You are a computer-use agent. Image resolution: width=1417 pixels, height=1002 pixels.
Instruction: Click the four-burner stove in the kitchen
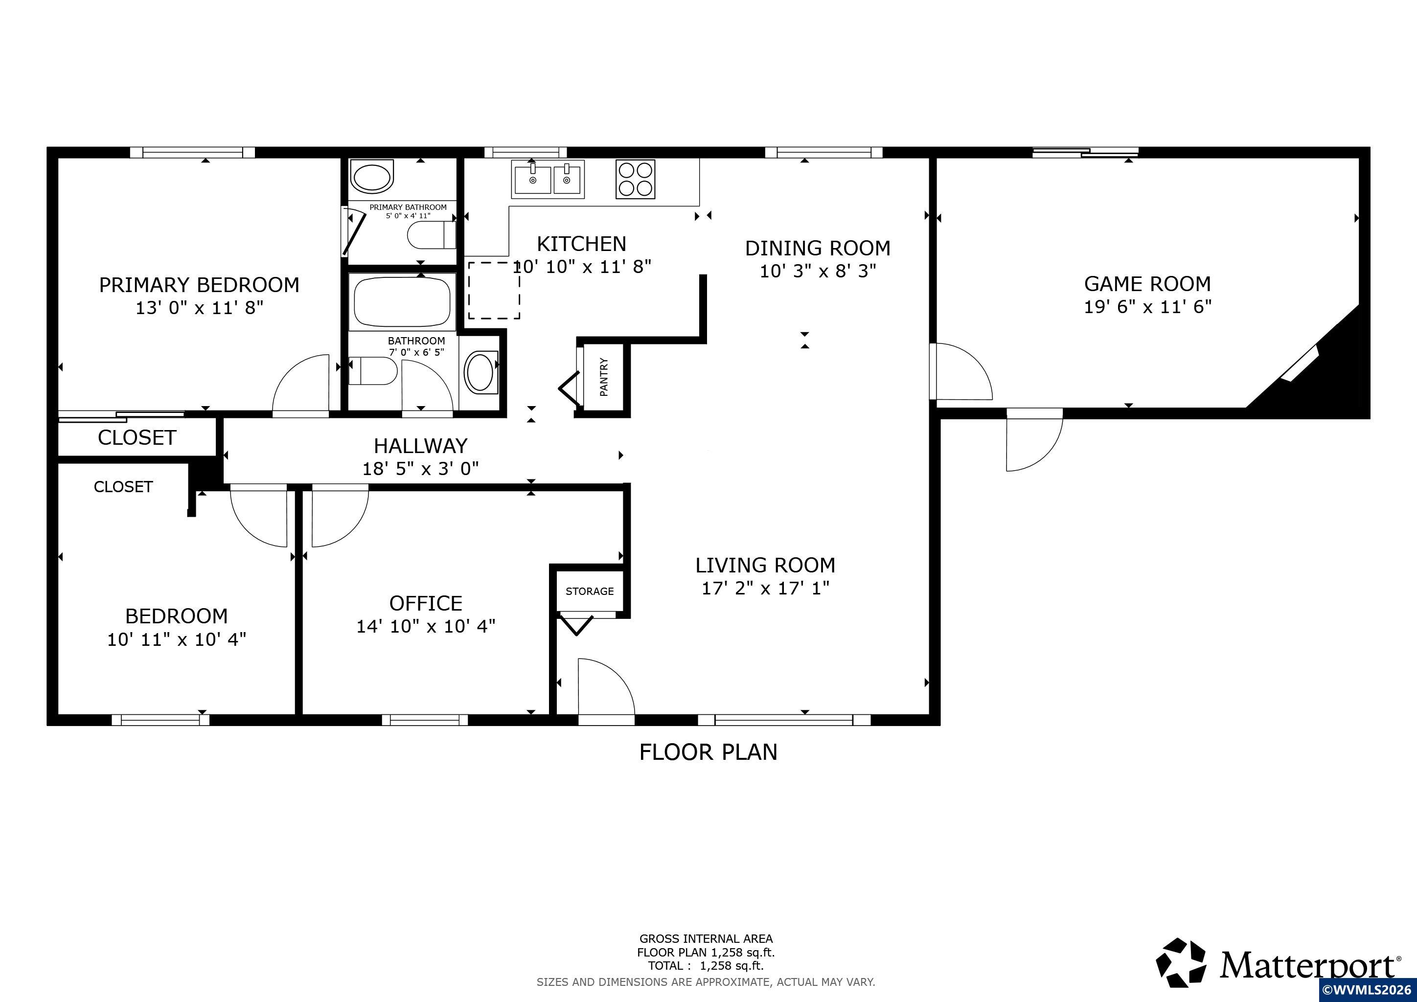point(635,179)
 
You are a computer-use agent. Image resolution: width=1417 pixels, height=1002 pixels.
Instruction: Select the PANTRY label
point(604,377)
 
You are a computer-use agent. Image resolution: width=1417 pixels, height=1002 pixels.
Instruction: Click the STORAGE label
point(590,591)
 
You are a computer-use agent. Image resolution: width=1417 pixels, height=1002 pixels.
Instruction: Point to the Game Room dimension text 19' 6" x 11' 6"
point(1147,307)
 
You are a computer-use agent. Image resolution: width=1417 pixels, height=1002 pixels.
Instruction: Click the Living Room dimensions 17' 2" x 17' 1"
point(765,588)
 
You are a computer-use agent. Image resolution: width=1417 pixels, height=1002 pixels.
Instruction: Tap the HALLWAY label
point(420,446)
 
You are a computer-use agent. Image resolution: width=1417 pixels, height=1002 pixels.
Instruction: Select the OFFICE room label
point(425,603)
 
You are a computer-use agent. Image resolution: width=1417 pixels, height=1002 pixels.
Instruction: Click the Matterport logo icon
point(1181,980)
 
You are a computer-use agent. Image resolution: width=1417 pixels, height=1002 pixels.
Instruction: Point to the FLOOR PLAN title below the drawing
point(708,752)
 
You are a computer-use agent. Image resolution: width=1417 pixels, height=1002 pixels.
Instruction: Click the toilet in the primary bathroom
point(432,235)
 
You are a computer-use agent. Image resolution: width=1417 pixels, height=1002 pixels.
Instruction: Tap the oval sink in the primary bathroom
point(371,177)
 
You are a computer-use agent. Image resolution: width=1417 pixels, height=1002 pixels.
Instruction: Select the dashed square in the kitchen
point(493,290)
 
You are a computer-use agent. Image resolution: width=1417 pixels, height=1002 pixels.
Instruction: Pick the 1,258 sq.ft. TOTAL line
point(706,966)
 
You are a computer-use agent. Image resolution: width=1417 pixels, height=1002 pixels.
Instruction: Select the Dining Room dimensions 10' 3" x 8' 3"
point(818,271)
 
